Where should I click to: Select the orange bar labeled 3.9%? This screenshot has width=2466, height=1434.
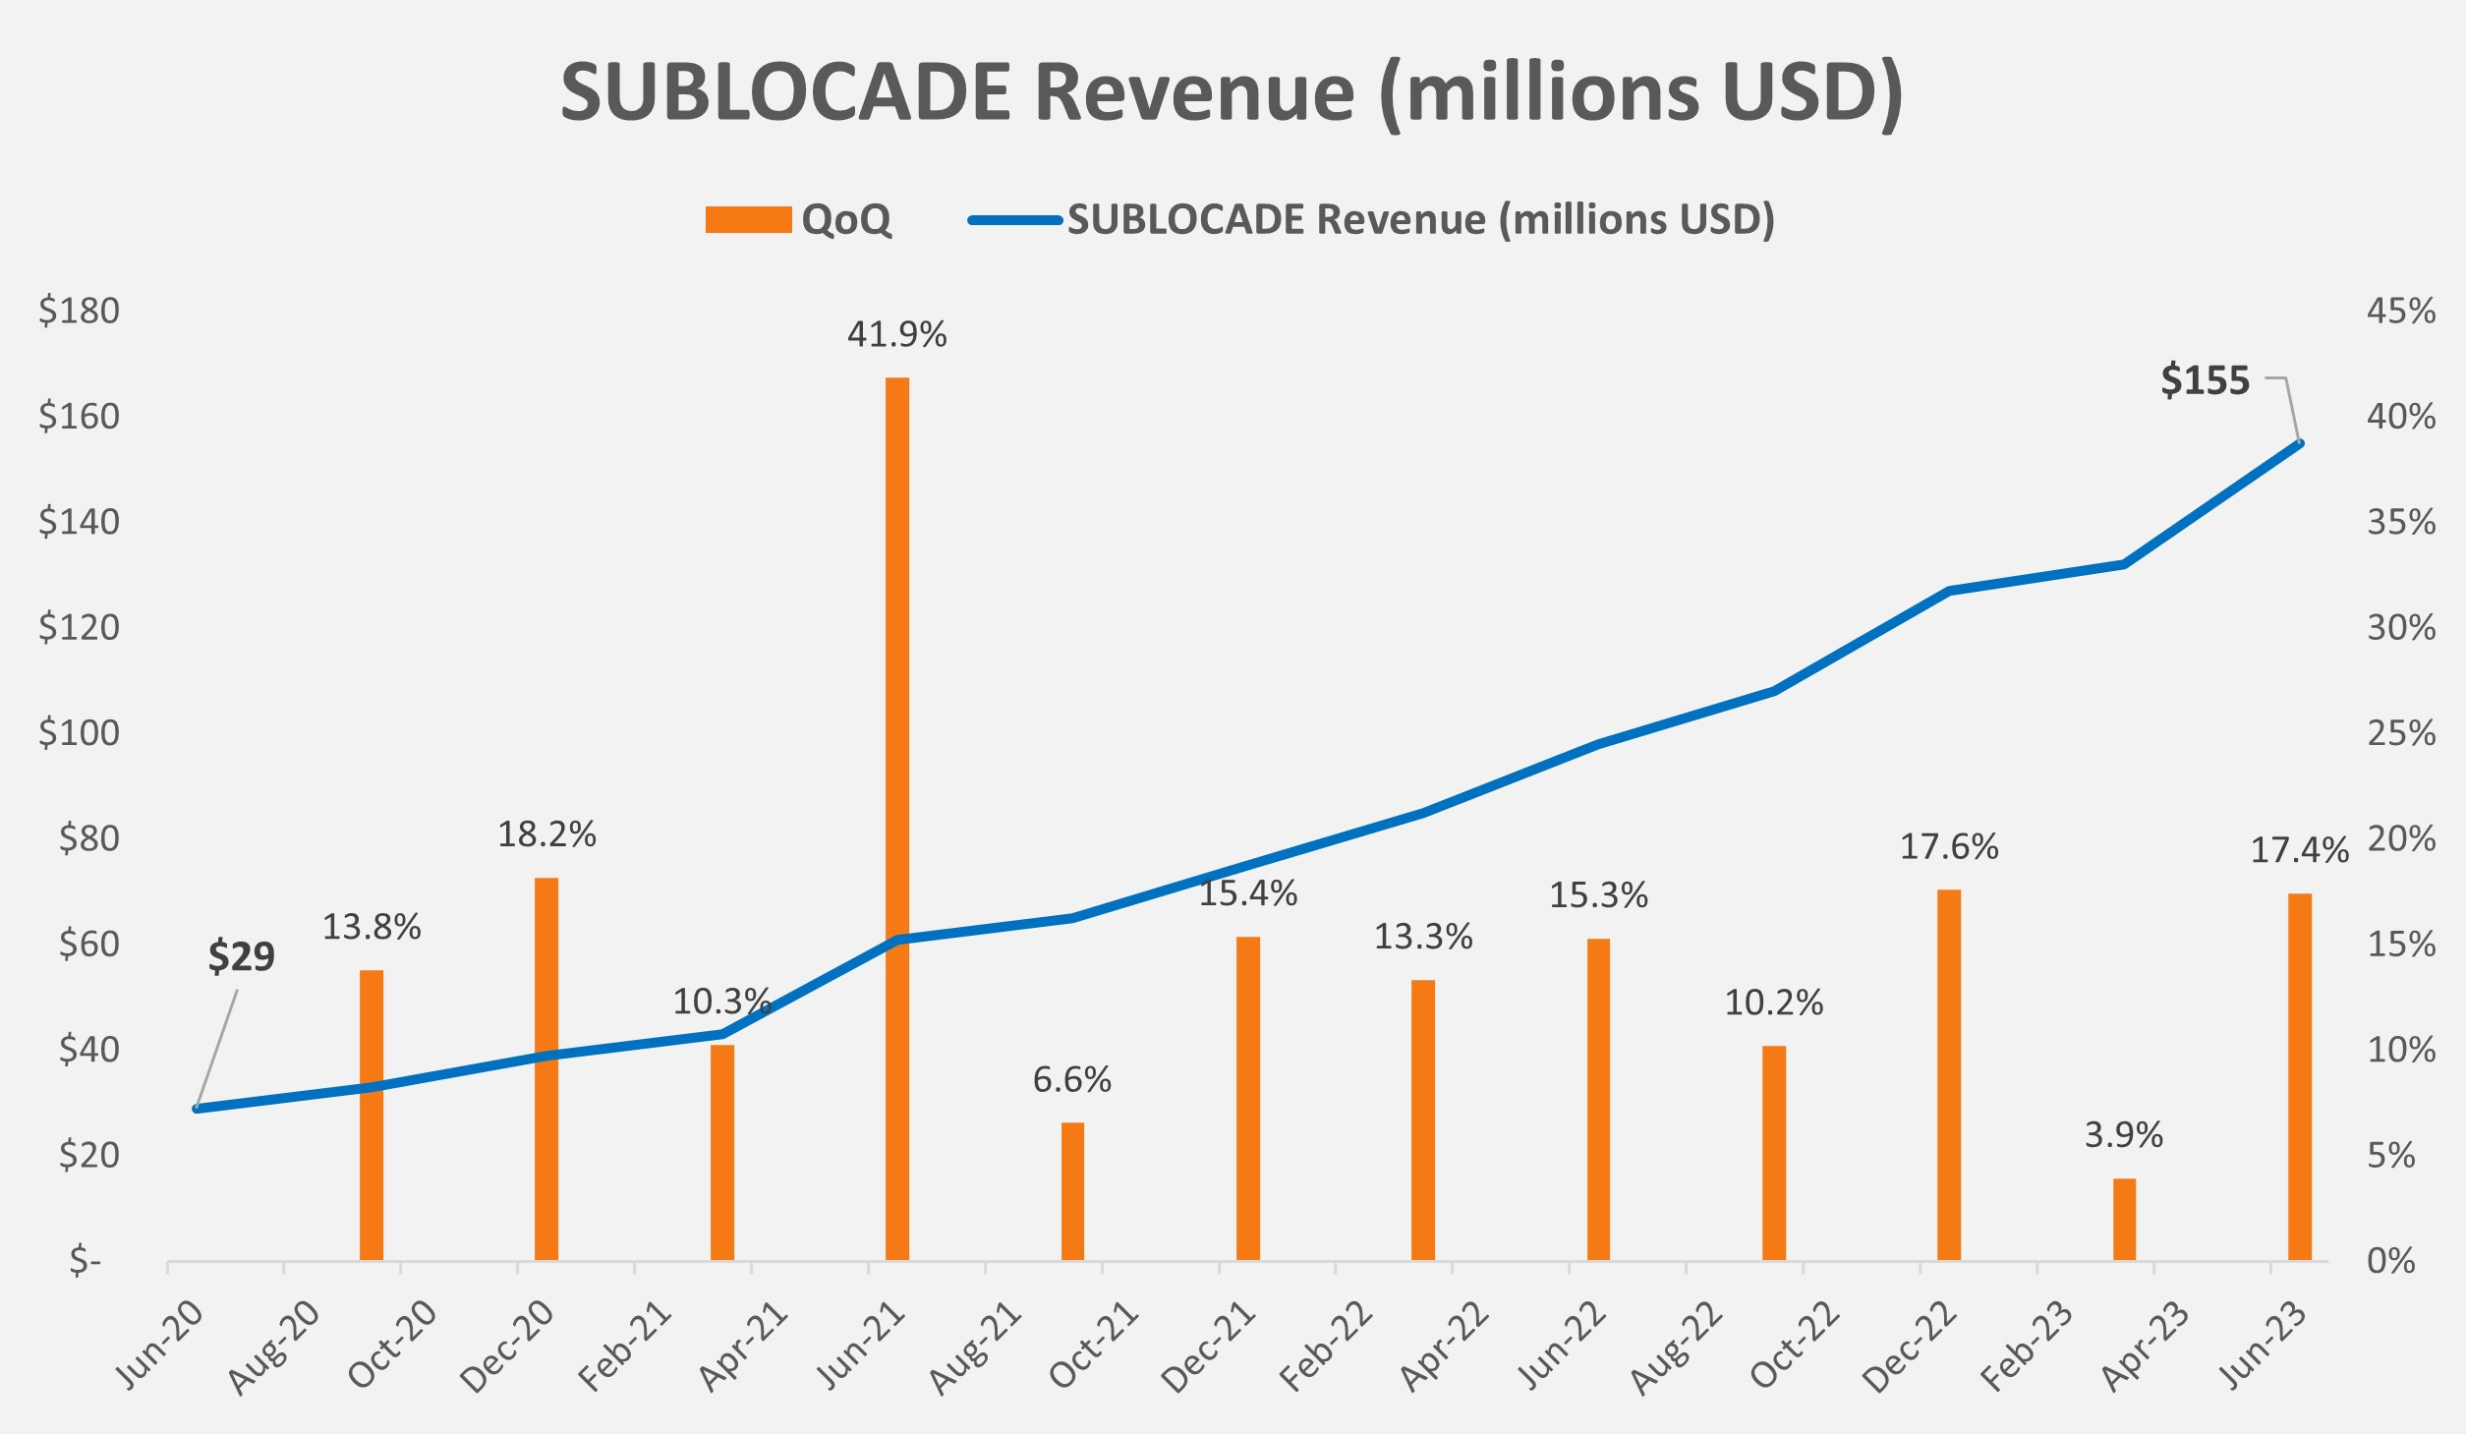pyautogui.click(x=2124, y=1219)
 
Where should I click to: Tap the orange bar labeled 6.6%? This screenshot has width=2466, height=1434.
pyautogui.click(x=1072, y=1190)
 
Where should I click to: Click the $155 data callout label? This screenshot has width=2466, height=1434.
pyautogui.click(x=2205, y=380)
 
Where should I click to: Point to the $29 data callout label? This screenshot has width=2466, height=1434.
pyautogui.click(x=241, y=956)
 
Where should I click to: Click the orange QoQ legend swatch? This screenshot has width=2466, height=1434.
pyautogui.click(x=748, y=219)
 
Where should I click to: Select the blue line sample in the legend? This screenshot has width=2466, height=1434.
pyautogui.click(x=1015, y=219)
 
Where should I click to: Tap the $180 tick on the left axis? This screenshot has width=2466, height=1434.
pyautogui.click(x=79, y=311)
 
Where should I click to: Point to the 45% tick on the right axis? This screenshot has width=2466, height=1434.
pyautogui.click(x=2400, y=311)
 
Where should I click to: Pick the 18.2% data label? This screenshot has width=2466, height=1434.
pyautogui.click(x=546, y=834)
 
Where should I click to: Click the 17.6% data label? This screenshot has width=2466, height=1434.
pyautogui.click(x=1948, y=846)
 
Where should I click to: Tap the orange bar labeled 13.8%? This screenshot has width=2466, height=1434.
pyautogui.click(x=371, y=1115)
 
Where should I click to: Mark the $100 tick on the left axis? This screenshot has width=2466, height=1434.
pyautogui.click(x=79, y=732)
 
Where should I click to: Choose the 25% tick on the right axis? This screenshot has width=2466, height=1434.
pyautogui.click(x=2400, y=732)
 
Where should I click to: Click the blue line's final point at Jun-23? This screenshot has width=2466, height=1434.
pyautogui.click(x=2300, y=443)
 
